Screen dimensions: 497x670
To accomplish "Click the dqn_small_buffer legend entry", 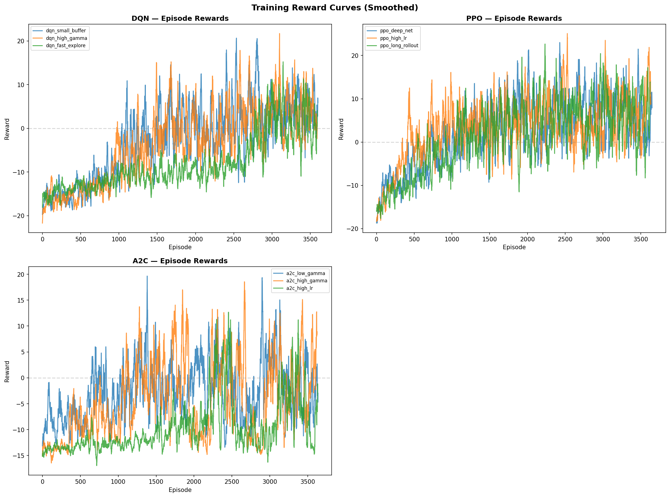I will tap(65, 31).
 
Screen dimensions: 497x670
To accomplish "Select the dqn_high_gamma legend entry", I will tap(66, 38).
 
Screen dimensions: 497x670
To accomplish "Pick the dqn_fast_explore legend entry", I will tap(65, 46).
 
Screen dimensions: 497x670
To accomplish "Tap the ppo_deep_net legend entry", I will tap(396, 31).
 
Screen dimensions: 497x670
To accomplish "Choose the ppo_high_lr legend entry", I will tap(393, 38).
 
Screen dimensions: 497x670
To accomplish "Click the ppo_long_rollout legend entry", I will tap(399, 46).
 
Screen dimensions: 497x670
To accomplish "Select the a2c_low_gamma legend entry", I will tap(305, 273).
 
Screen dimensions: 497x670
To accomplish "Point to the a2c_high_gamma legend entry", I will tap(306, 281).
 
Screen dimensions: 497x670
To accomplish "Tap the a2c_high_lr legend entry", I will tap(299, 288).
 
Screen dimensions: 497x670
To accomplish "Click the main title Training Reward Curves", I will tap(335, 8).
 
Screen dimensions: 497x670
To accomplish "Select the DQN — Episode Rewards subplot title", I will tap(180, 19).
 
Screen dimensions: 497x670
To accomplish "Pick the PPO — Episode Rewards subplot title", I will tap(514, 19).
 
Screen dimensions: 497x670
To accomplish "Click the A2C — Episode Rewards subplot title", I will tap(180, 261).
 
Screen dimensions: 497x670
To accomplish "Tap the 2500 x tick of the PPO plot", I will tap(565, 239).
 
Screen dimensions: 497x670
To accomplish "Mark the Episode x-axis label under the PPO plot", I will tap(514, 247).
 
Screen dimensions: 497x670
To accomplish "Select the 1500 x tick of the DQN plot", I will tap(157, 239).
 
